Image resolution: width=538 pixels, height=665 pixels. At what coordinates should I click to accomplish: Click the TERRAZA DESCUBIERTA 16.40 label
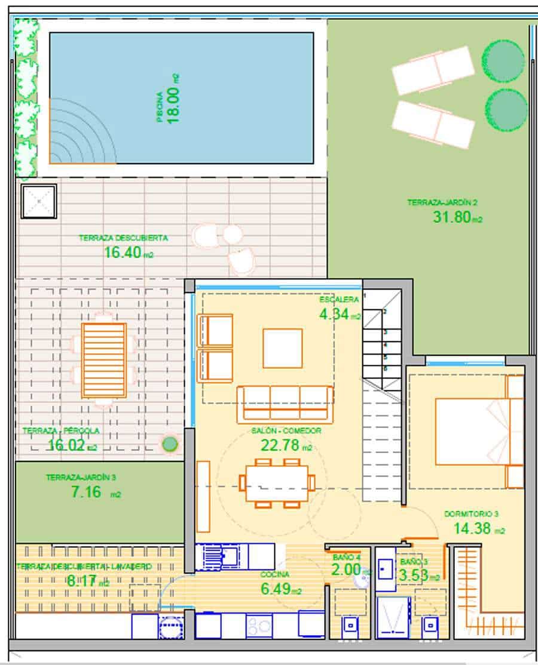[124, 246]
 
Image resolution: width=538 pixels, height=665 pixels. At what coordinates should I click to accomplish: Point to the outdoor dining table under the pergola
[104, 360]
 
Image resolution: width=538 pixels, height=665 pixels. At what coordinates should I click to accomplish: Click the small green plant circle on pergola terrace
[170, 443]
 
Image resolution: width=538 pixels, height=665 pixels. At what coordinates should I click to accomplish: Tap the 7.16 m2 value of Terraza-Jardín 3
[84, 494]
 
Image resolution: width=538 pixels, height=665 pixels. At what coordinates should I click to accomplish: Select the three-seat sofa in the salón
[285, 404]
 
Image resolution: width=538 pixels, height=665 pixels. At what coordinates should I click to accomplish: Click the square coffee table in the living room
[282, 348]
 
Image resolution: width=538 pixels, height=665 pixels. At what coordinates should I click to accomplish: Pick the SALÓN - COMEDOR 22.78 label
[286, 438]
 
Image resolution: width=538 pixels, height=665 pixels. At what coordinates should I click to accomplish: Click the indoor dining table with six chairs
[277, 483]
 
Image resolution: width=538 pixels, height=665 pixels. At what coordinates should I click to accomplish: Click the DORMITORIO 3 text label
[471, 513]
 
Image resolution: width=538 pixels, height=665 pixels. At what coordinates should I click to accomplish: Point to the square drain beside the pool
[38, 202]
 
